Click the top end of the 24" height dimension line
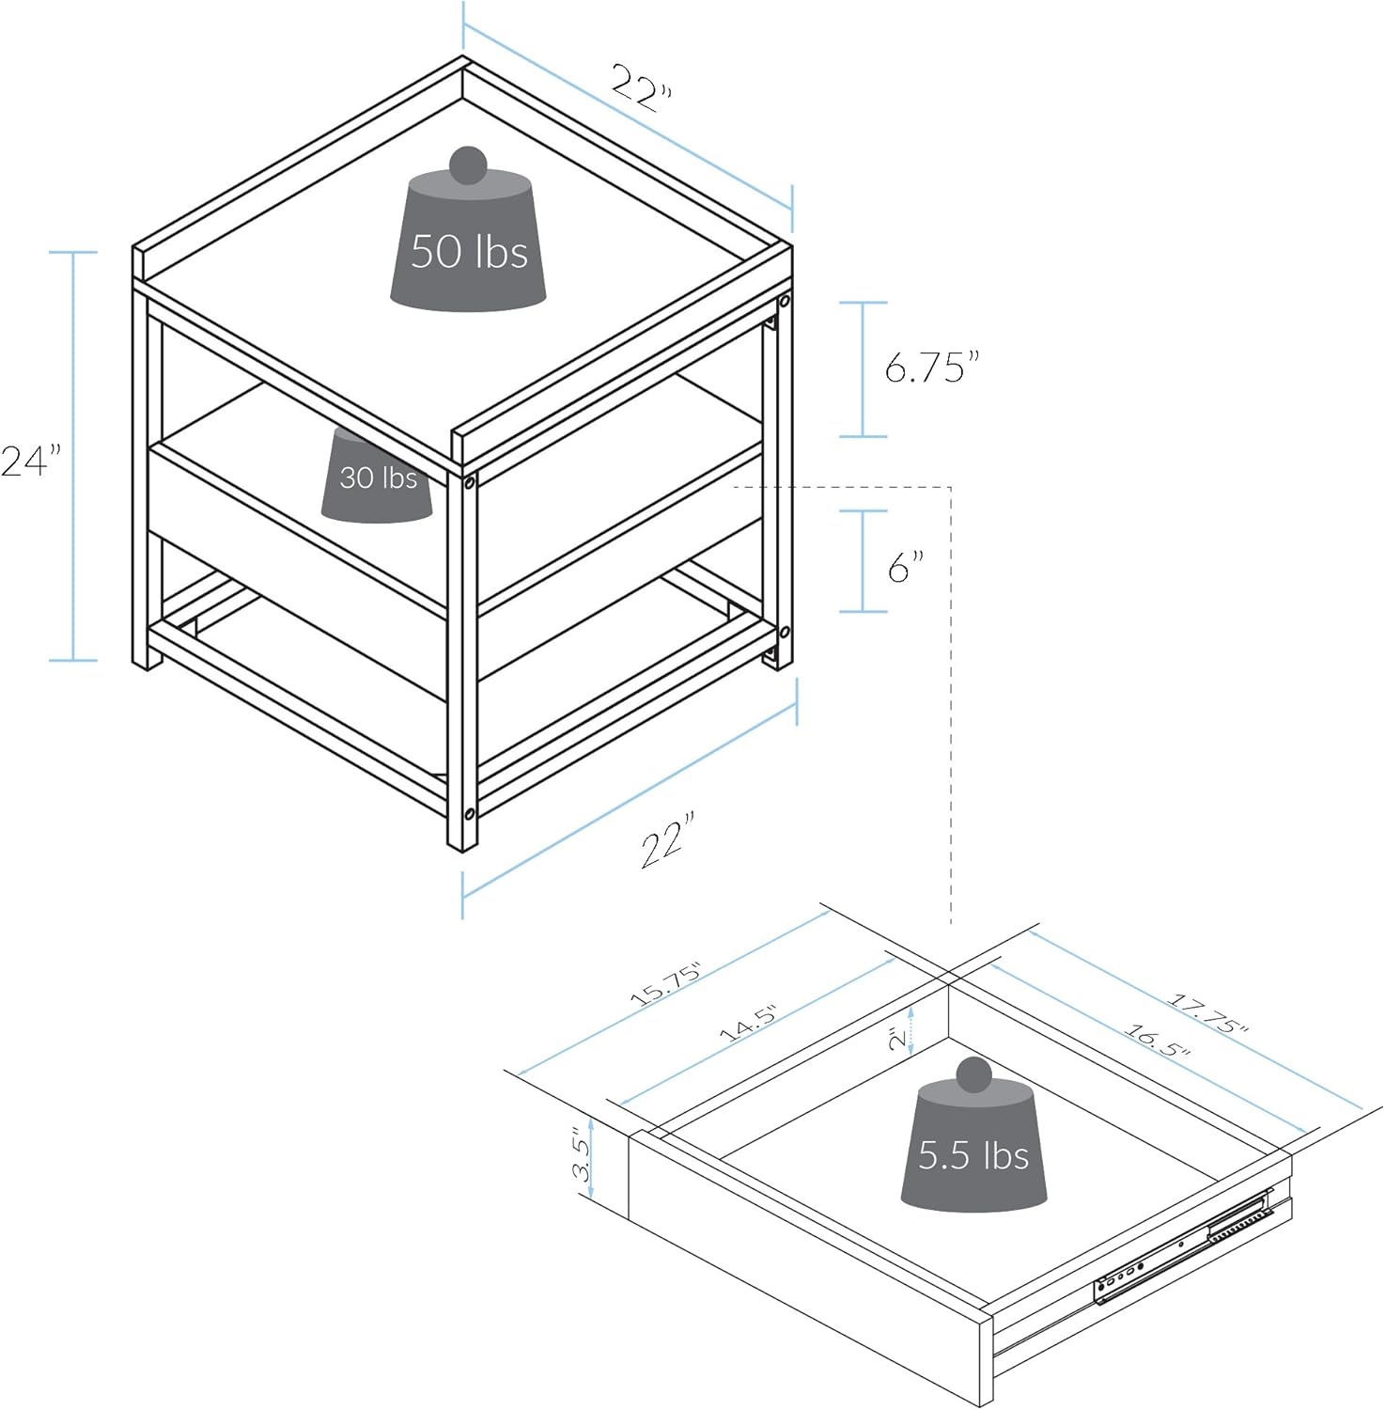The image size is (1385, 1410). [73, 253]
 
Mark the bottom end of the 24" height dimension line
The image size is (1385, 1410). [73, 660]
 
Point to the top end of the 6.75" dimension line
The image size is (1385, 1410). [864, 303]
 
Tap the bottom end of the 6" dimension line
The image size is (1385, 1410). [864, 612]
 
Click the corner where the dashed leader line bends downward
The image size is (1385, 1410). [952, 488]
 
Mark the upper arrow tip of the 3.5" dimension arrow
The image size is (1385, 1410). [590, 1119]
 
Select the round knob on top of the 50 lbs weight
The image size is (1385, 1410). [468, 165]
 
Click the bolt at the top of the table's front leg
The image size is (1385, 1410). [468, 482]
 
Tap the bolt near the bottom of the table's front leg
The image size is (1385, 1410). [469, 813]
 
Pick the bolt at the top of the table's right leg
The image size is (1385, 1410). [783, 303]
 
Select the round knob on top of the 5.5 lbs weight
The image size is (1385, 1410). [973, 1074]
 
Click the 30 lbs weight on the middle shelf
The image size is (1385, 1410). [377, 476]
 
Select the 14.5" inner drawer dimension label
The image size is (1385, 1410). [749, 1023]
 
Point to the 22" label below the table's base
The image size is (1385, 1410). [668, 839]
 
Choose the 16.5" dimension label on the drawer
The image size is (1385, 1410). [1157, 1039]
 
